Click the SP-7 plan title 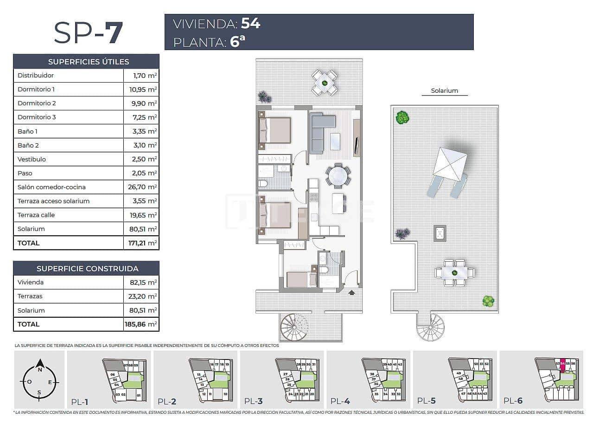tap(88, 32)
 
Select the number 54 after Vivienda tap(250, 24)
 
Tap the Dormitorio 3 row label tap(37, 117)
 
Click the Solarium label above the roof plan tap(444, 91)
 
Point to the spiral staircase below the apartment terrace tap(294, 327)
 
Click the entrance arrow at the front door tap(351, 292)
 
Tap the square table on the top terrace tap(325, 83)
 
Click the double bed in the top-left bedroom tap(275, 130)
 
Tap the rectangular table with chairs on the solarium tap(455, 273)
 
